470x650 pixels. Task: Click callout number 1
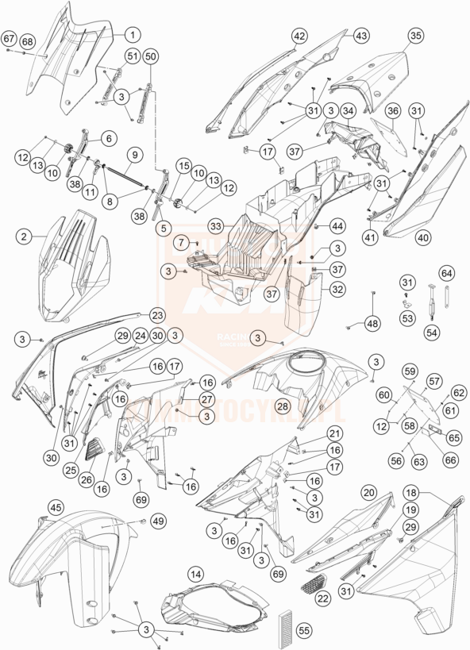pos(131,34)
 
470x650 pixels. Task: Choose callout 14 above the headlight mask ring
pos(195,573)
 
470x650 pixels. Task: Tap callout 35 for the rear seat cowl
pos(415,35)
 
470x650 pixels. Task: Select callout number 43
pos(361,36)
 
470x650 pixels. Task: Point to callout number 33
pos(216,227)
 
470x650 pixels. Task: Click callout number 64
pos(447,274)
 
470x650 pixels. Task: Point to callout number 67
pos(9,38)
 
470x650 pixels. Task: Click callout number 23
pos(156,313)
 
